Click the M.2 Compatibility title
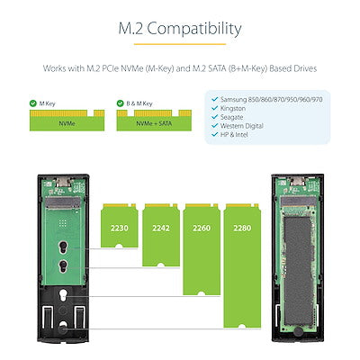[180, 29]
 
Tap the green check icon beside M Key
[33, 103]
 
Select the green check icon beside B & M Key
[120, 103]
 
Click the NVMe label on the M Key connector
[67, 123]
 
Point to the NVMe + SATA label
[154, 123]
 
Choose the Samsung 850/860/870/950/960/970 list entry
[271, 99]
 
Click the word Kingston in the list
[233, 108]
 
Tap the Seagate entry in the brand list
[231, 117]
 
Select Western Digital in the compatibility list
[242, 126]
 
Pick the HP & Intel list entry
[234, 135]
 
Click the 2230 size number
[120, 228]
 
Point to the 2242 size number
[161, 228]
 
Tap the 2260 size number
[202, 228]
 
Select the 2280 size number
[242, 228]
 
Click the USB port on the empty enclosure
[64, 182]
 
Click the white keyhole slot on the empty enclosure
[63, 295]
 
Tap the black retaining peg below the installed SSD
[298, 331]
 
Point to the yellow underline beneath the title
[180, 44]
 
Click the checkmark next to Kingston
[214, 108]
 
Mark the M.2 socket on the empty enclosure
[63, 202]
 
